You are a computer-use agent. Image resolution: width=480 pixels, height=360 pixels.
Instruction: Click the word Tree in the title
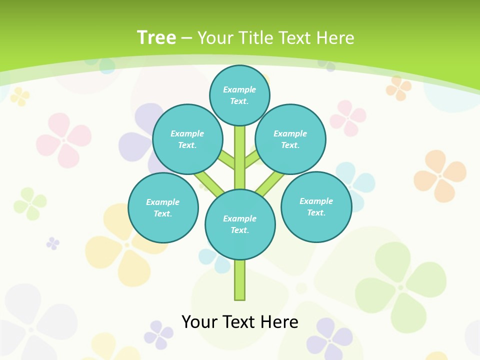(156, 38)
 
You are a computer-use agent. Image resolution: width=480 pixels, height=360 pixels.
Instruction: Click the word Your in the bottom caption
(199, 321)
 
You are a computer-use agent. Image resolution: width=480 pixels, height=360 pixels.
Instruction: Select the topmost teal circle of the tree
(239, 95)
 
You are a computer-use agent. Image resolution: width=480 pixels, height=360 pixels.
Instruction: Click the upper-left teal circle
(187, 139)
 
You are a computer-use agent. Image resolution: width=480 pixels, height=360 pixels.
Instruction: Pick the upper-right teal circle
(290, 139)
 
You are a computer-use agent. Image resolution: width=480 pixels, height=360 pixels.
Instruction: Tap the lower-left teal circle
(163, 207)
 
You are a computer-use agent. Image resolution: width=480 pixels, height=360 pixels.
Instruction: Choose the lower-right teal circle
(316, 206)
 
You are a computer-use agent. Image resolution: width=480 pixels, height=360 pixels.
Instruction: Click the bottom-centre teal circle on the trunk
(240, 224)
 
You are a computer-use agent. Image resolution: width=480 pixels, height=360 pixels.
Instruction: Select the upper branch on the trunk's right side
(252, 159)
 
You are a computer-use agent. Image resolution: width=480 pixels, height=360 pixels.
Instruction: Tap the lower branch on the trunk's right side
(270, 183)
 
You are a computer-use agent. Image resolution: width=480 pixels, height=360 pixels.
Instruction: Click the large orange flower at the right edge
(440, 175)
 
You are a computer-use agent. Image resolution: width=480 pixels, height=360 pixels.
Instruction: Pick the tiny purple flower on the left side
(52, 243)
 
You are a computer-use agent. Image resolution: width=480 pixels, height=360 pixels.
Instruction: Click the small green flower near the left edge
(30, 203)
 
